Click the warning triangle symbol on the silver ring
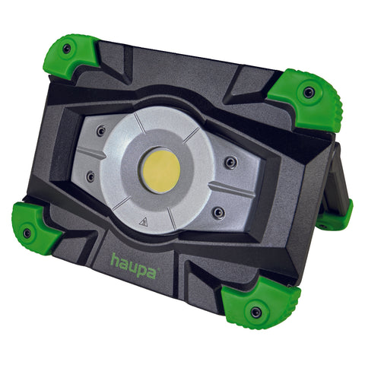(144, 222)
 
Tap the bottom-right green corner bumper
(261, 303)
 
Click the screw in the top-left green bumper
(67, 49)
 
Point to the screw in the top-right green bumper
(309, 93)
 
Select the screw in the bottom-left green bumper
(27, 233)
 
